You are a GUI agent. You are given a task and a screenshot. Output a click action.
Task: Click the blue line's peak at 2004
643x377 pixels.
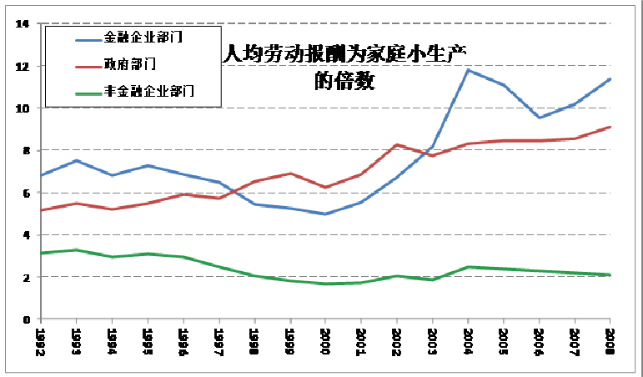pos(468,70)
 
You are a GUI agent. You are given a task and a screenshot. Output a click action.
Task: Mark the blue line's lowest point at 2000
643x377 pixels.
pos(325,214)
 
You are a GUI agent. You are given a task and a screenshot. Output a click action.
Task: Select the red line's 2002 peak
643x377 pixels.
pos(397,145)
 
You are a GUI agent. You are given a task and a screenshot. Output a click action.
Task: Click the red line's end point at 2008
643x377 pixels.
pos(610,127)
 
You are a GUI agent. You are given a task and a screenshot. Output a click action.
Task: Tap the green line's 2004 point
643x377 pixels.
pos(468,267)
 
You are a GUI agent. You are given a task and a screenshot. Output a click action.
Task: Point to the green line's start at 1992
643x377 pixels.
pos(41,253)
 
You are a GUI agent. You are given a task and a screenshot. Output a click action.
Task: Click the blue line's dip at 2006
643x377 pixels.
pos(539,118)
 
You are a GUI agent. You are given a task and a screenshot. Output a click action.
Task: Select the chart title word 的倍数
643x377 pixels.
pos(344,82)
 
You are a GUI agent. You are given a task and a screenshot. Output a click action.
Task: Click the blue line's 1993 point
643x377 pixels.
pos(77,161)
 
